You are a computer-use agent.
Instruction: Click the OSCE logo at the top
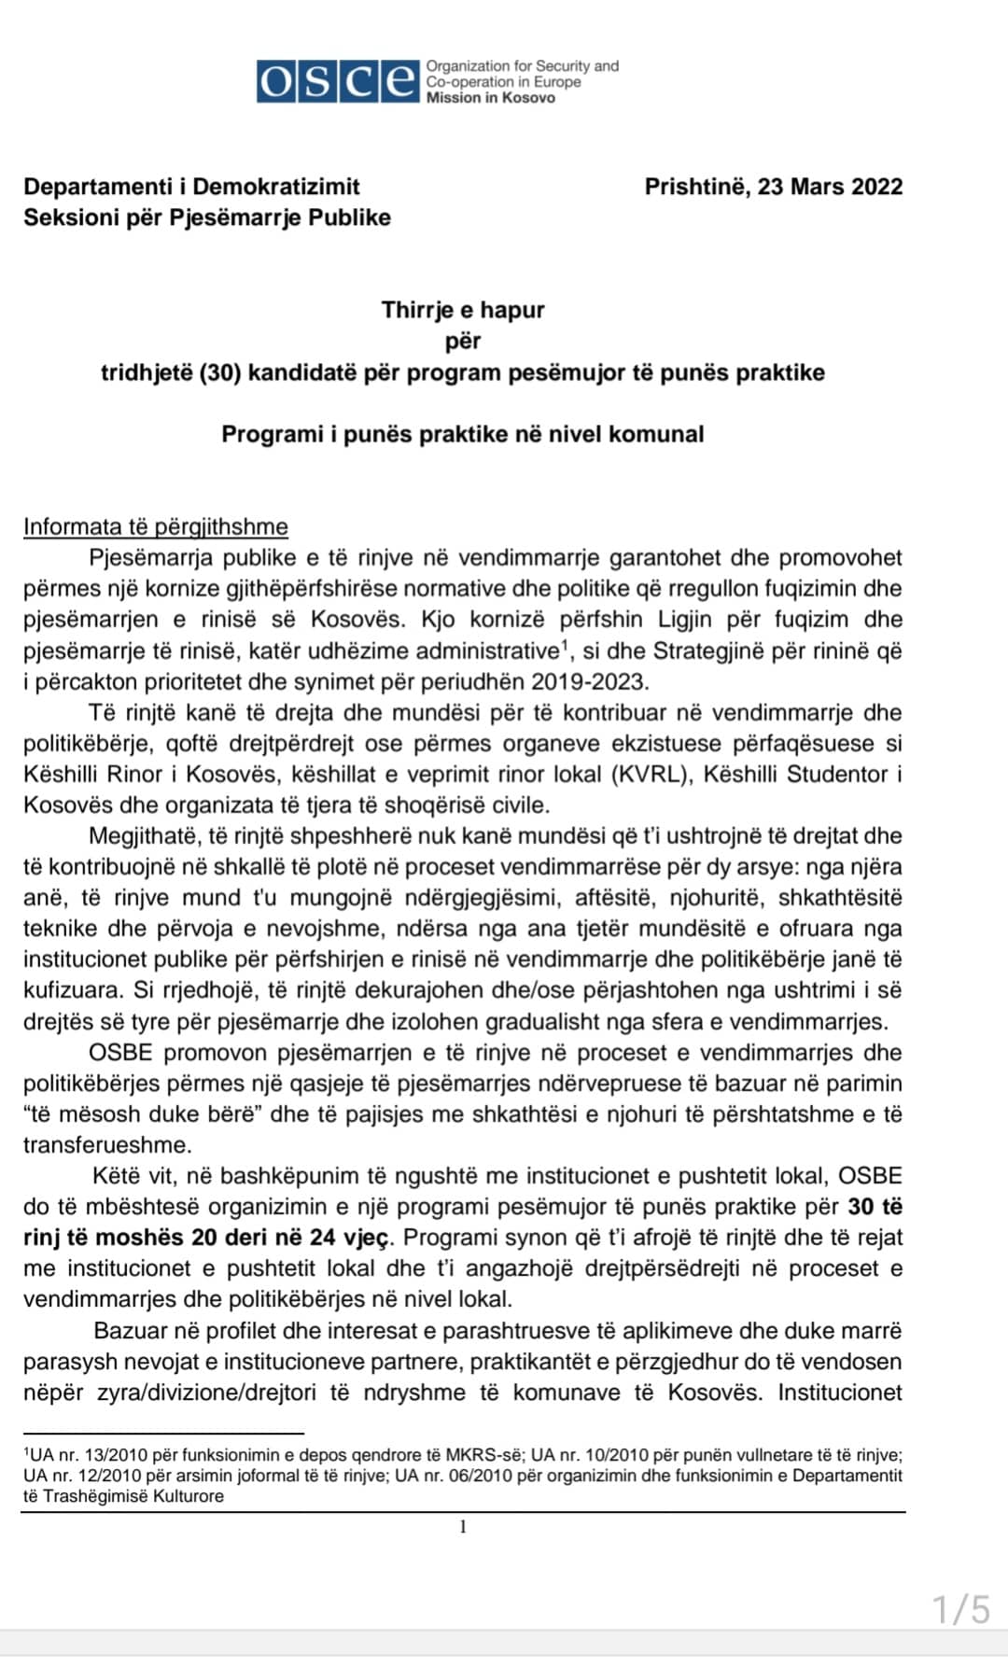tap(338, 81)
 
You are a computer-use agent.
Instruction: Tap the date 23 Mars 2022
tap(830, 186)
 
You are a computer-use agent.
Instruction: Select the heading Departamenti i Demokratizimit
tap(191, 186)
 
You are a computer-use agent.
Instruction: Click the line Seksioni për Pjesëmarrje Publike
tap(206, 217)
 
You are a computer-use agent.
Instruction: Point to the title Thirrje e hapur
tap(462, 310)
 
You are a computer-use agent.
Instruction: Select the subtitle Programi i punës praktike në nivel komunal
tap(462, 434)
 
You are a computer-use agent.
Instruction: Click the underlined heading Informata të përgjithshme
tap(155, 526)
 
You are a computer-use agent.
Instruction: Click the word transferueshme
tap(106, 1145)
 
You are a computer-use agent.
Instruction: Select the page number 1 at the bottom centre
tap(463, 1527)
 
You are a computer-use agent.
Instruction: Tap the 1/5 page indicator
tap(960, 1610)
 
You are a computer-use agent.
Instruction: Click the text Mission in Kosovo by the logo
tap(490, 98)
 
